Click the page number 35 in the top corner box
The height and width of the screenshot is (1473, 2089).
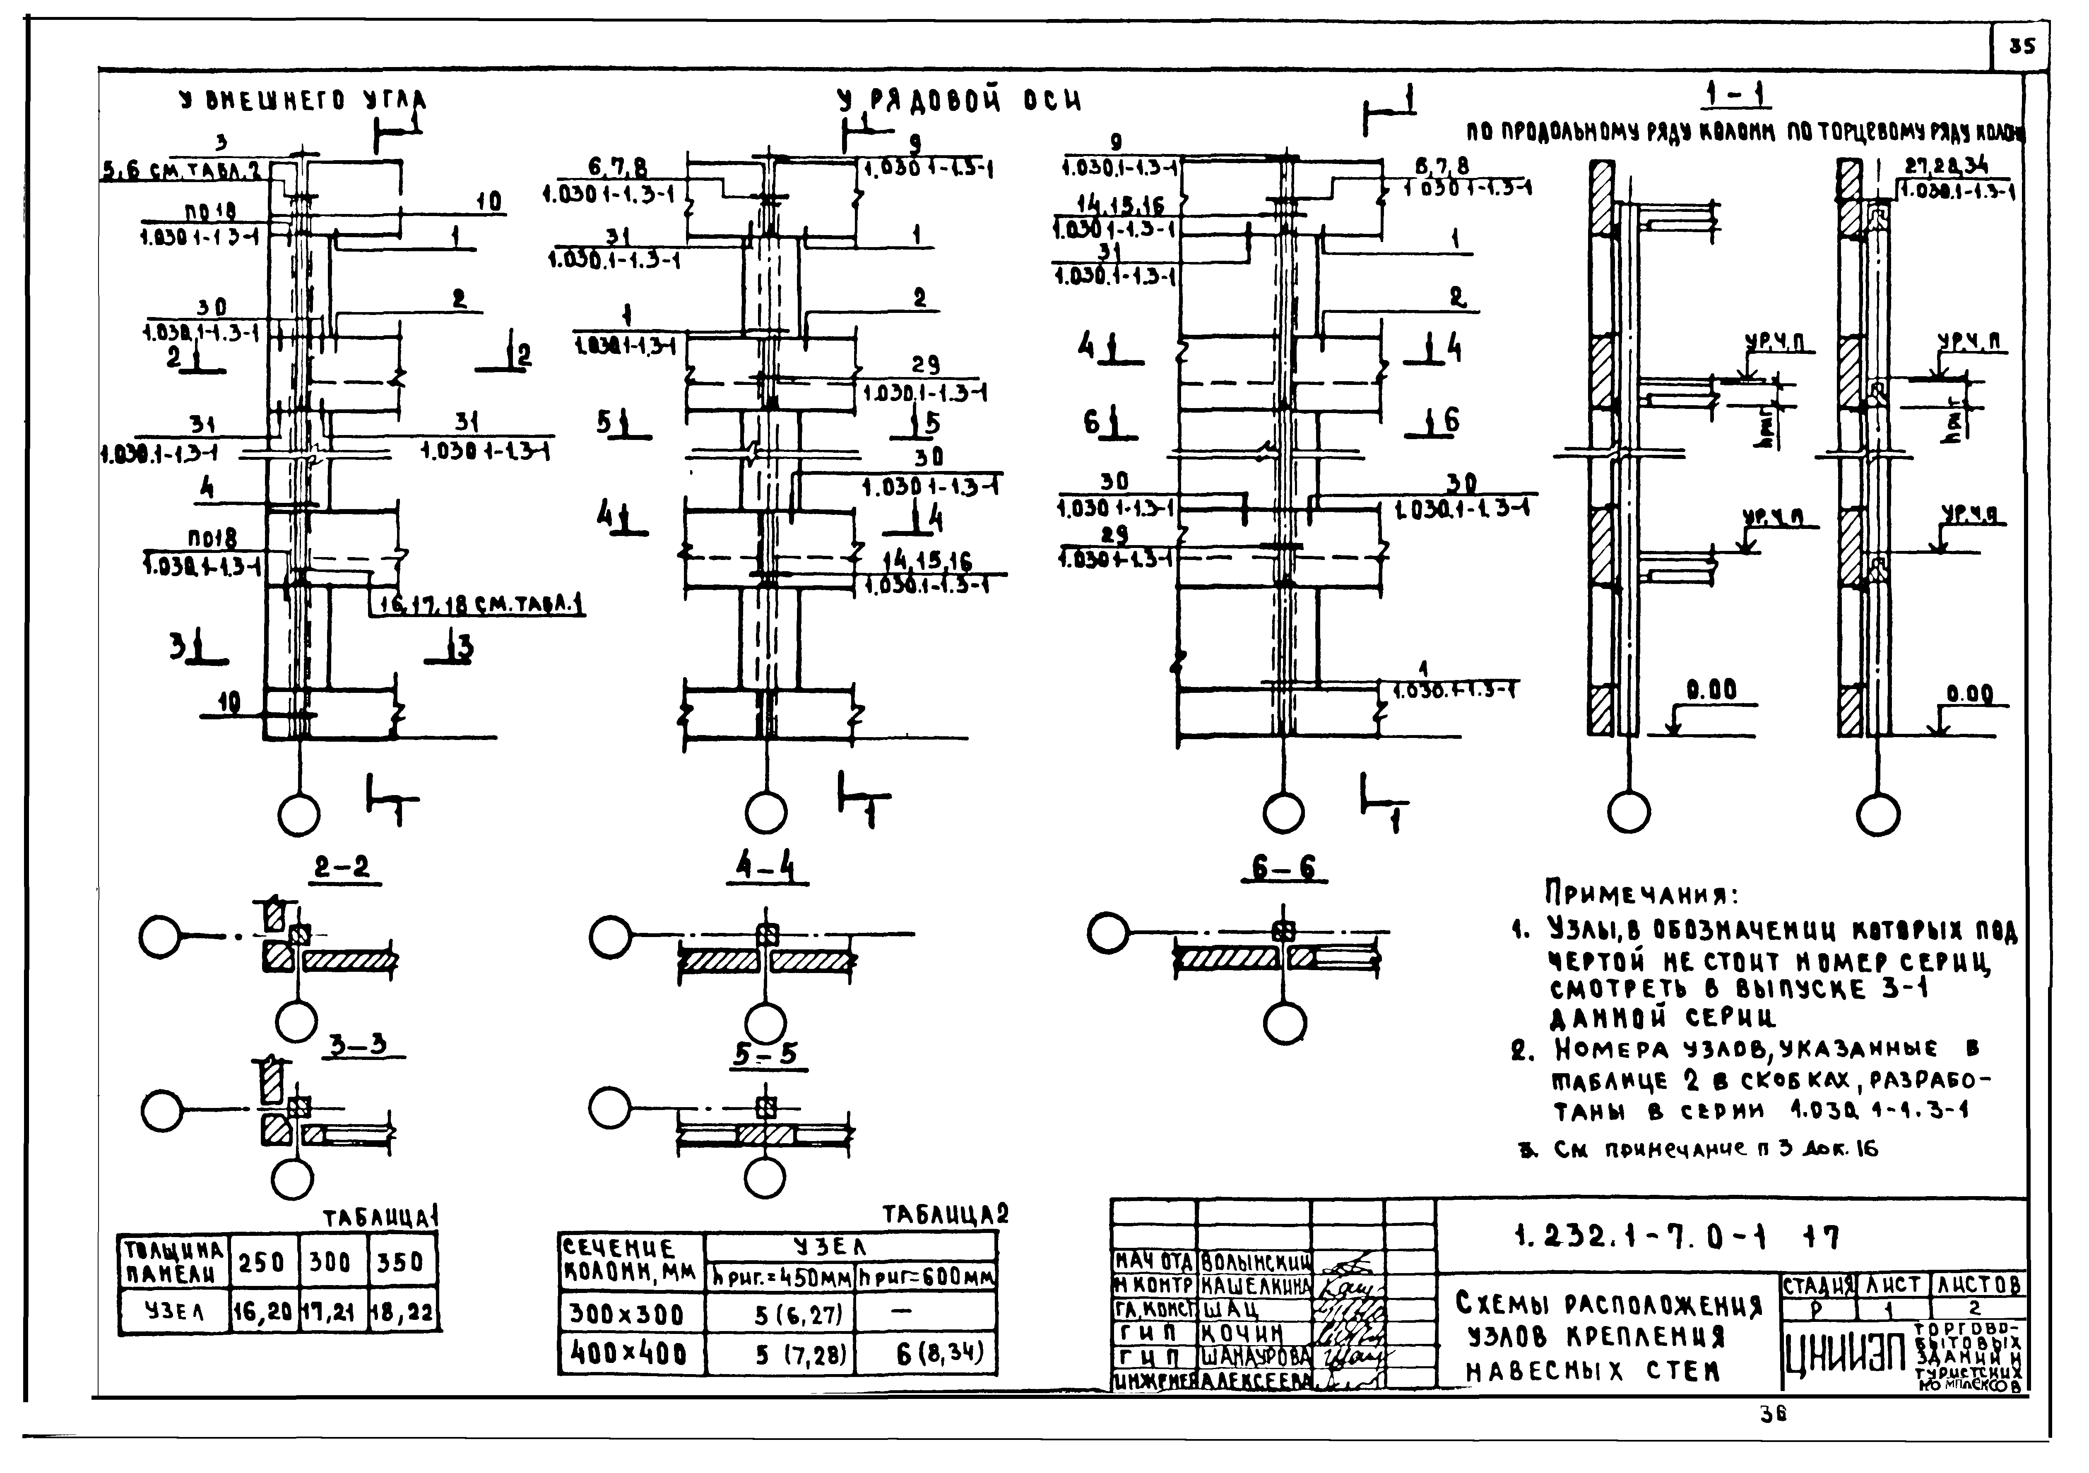tap(2022, 46)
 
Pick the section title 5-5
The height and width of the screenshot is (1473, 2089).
tap(765, 1054)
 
